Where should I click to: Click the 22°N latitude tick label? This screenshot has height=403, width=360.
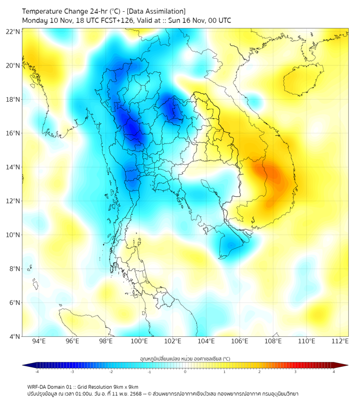(13, 32)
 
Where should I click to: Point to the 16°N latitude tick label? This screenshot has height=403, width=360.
(13, 133)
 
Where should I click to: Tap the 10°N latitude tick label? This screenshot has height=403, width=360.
(13, 235)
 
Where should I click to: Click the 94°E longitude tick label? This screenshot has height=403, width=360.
(39, 341)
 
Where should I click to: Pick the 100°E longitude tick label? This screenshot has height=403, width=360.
(139, 341)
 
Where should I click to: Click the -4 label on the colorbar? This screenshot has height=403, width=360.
(37, 372)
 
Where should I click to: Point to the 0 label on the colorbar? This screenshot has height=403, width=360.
(185, 372)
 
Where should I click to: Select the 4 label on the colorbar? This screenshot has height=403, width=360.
(333, 372)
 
